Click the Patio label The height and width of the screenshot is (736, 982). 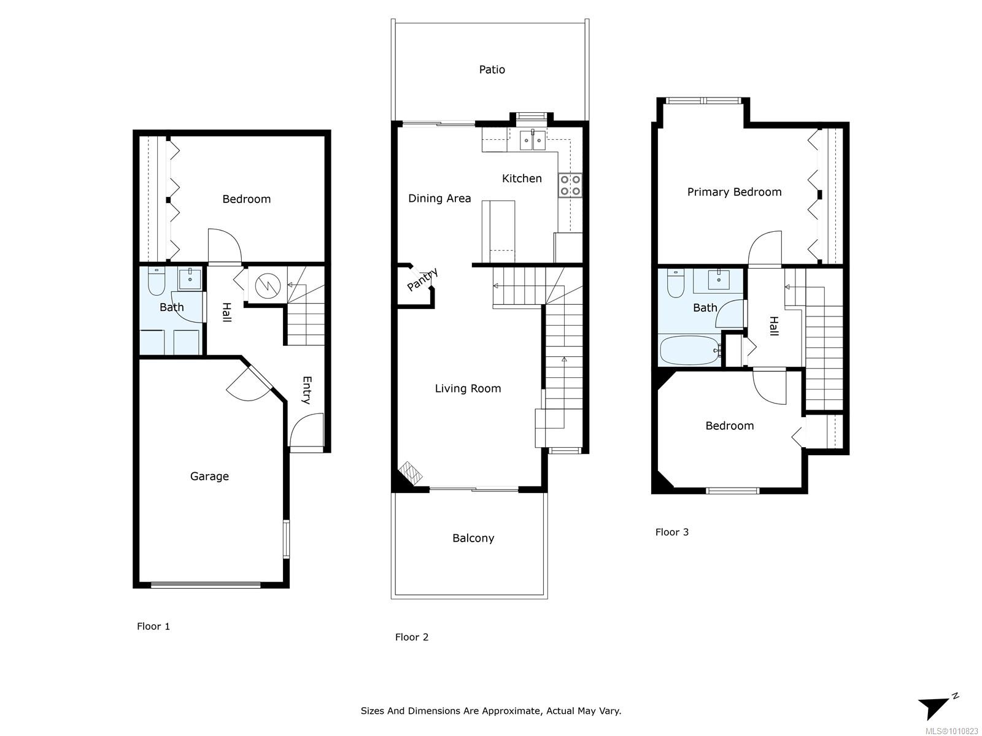(492, 70)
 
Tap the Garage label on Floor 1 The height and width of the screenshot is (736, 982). (209, 477)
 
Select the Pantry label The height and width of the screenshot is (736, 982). (422, 280)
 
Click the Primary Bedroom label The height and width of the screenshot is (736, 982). (734, 192)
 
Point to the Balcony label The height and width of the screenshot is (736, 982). (473, 538)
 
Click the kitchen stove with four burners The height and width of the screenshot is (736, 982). (570, 185)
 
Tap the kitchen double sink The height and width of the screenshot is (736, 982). (532, 140)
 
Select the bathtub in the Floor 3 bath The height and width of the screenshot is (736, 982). (690, 350)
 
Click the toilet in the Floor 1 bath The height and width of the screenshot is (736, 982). (156, 282)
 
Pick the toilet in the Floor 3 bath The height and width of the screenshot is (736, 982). (676, 283)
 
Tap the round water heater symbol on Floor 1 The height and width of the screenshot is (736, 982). (268, 285)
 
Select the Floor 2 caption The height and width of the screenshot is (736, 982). (412, 637)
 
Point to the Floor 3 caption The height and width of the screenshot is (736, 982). (672, 532)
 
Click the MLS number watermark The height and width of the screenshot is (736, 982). (951, 731)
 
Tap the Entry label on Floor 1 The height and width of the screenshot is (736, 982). (307, 390)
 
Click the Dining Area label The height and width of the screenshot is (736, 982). (439, 198)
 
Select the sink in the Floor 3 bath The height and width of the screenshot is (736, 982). (719, 280)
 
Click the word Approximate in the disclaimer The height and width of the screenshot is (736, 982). (512, 711)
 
